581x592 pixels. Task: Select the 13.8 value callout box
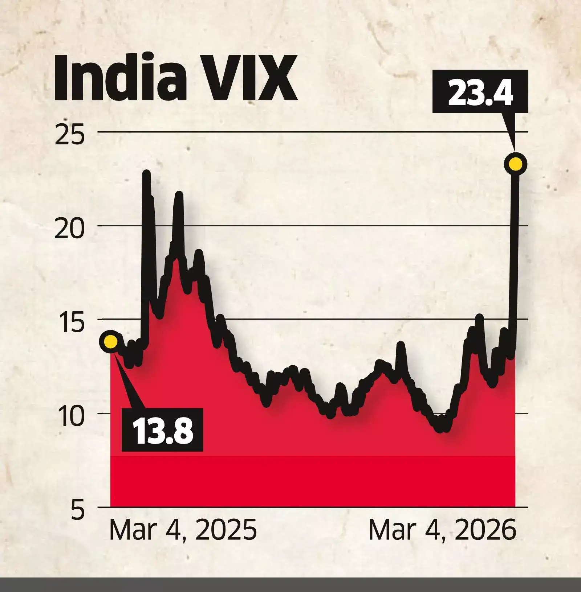tap(162, 429)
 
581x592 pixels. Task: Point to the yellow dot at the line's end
tap(515, 164)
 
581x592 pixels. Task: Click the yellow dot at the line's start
tap(110, 341)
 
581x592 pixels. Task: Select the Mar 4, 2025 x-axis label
tap(183, 530)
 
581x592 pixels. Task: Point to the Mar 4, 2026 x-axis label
tap(442, 530)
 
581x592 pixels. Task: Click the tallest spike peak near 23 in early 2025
tap(146, 173)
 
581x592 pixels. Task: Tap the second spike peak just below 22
tap(179, 195)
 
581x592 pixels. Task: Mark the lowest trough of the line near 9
tap(440, 429)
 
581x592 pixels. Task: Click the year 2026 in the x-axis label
tap(485, 530)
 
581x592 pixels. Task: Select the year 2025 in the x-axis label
tap(226, 530)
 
